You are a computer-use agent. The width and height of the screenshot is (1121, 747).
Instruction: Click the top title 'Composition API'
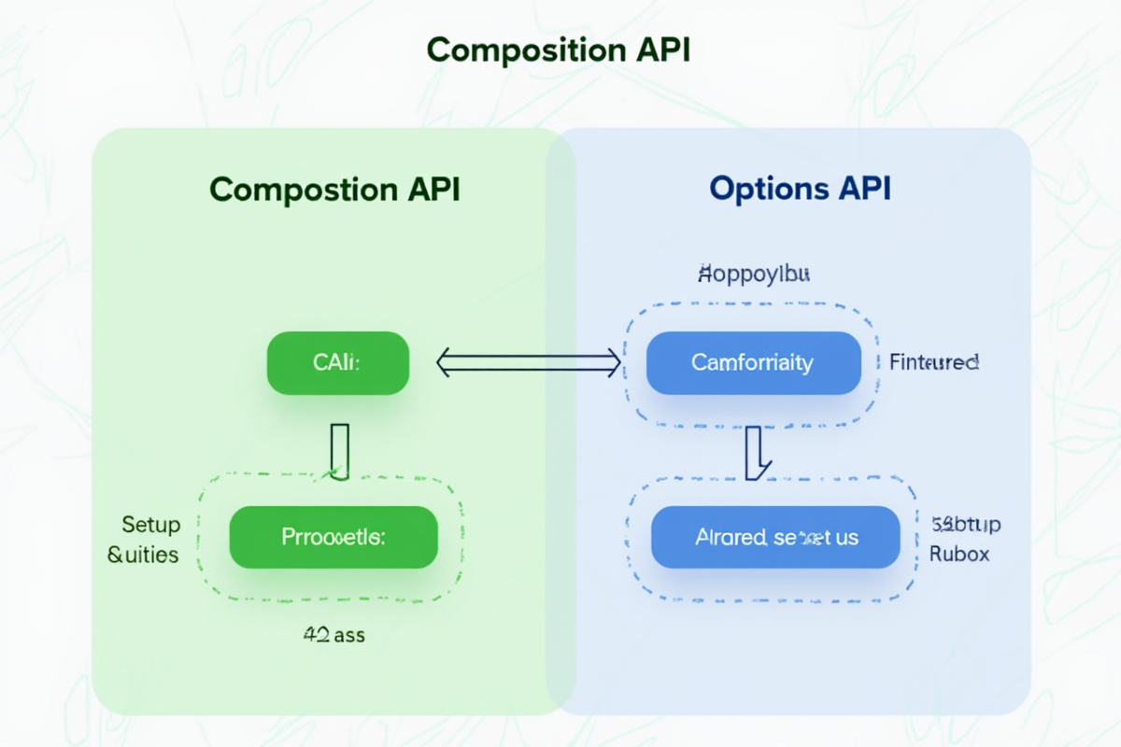[x=559, y=50]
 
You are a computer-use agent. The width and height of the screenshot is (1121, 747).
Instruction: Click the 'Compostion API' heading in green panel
[x=334, y=190]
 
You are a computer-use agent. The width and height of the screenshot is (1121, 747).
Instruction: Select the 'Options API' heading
[x=800, y=190]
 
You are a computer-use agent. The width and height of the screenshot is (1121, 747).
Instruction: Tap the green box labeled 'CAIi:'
[x=338, y=362]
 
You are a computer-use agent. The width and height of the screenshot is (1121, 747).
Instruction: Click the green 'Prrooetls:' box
[x=333, y=537]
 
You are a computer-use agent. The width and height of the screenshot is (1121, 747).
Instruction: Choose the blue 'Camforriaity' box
[x=753, y=362]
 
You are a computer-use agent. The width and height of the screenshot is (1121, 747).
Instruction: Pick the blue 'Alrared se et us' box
[x=775, y=537]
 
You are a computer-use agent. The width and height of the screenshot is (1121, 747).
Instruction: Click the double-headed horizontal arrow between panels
[x=529, y=362]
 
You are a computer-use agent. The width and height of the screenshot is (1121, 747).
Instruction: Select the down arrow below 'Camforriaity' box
[x=757, y=452]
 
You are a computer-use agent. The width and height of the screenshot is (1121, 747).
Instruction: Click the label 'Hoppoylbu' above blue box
[x=754, y=275]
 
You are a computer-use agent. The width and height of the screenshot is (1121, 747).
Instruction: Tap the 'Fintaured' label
[x=933, y=362]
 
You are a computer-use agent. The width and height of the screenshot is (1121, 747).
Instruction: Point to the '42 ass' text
[x=334, y=636]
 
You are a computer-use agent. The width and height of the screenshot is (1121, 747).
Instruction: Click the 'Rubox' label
[x=959, y=555]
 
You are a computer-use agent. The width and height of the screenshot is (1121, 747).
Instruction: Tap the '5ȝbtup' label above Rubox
[x=966, y=524]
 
